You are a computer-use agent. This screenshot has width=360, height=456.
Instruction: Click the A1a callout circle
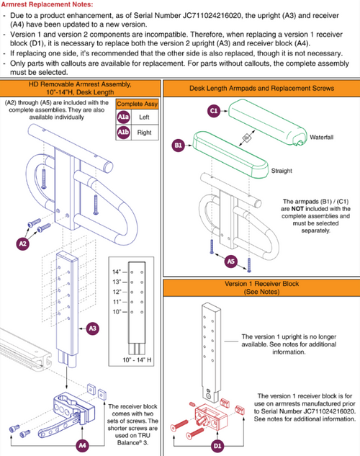(x=123, y=117)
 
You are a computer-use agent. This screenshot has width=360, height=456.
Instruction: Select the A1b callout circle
(x=123, y=133)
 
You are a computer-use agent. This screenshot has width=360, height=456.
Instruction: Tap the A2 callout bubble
(x=22, y=243)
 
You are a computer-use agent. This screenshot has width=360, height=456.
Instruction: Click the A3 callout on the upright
(x=92, y=328)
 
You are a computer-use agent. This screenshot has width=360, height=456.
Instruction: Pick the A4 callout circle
(x=83, y=445)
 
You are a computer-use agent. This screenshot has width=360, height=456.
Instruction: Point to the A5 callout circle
(x=230, y=261)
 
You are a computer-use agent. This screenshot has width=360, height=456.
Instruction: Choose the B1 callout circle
(x=178, y=145)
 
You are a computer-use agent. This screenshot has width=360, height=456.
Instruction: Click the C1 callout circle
(x=214, y=111)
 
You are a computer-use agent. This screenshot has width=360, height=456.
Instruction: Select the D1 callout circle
(x=217, y=445)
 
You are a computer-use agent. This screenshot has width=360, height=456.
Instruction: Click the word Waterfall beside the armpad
(x=321, y=138)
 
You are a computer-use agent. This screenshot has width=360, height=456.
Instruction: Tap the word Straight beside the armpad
(x=282, y=171)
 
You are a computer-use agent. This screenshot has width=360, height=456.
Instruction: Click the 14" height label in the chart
(x=117, y=272)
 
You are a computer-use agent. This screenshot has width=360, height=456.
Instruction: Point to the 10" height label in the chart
(x=117, y=312)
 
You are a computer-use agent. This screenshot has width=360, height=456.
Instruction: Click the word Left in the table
(x=144, y=117)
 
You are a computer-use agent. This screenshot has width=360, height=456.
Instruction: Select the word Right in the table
(x=145, y=133)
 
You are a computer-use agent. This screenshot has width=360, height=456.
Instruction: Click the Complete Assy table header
(x=137, y=104)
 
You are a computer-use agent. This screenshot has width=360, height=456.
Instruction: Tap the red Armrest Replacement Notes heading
(x=47, y=4)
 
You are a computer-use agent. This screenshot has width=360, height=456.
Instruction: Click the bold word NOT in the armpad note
(x=297, y=209)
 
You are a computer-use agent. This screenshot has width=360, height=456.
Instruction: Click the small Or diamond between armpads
(x=247, y=138)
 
